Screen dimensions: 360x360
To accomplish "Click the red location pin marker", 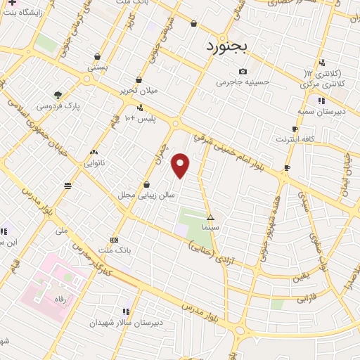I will [181, 165].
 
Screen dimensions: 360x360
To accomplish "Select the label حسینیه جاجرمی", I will [243, 82].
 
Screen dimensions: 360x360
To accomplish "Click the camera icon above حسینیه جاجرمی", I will [243, 71].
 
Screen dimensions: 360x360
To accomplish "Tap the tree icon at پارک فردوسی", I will [58, 95].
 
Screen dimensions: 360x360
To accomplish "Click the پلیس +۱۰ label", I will [140, 118].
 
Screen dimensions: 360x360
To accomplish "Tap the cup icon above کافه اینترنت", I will [295, 129].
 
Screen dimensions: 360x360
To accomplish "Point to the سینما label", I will [210, 228].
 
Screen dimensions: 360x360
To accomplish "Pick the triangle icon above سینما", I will [210, 218].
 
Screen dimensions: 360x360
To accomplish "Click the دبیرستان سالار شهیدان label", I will [125, 322].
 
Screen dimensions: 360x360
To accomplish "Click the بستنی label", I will [97, 67].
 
